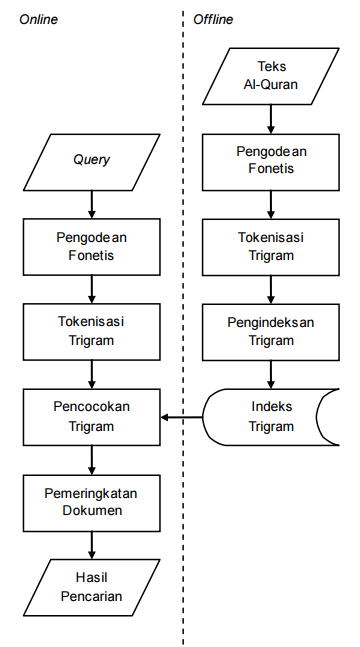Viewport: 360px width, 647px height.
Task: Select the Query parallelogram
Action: tap(91, 160)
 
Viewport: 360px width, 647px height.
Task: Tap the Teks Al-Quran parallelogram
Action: tap(271, 75)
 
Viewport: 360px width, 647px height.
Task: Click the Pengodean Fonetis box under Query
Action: tap(91, 246)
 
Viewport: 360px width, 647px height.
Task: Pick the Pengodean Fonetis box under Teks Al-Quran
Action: tap(271, 160)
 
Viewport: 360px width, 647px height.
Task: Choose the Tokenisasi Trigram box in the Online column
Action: tap(91, 331)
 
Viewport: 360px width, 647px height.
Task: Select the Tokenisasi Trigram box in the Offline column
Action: tap(271, 246)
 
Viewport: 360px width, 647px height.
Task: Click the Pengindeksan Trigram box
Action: tap(271, 331)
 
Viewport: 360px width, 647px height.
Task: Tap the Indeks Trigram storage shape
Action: tap(271, 417)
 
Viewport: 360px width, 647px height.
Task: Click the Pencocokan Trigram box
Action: tap(91, 417)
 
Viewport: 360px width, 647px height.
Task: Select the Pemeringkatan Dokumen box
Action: tap(91, 502)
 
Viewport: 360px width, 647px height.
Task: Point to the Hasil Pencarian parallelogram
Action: tap(91, 587)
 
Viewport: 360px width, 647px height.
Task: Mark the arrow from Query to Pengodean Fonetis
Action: tap(91, 203)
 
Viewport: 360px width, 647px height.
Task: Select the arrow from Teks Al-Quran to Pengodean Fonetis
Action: tap(271, 118)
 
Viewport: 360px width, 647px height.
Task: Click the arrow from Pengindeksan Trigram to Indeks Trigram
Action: tap(271, 374)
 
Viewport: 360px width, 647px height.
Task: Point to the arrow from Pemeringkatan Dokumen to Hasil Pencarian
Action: tap(91, 545)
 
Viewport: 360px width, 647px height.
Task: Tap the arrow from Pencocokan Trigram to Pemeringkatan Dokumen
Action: tap(91, 460)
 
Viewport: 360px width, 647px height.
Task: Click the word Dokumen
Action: tap(91, 511)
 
